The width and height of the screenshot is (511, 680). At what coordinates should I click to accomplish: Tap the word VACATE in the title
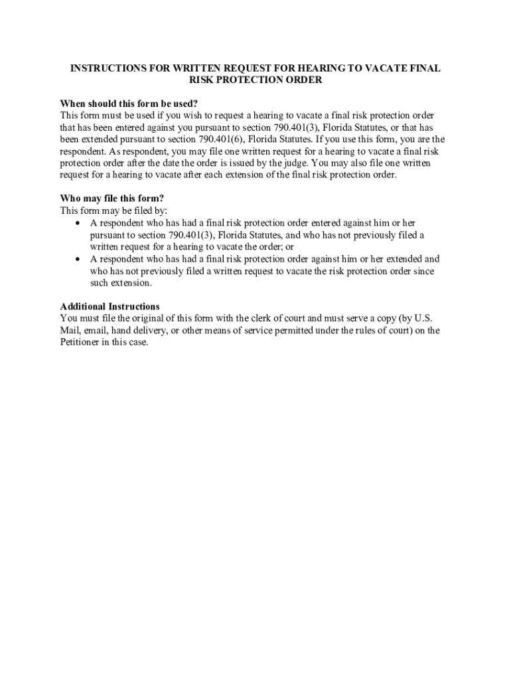click(x=382, y=69)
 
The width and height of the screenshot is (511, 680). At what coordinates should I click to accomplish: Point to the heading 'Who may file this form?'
click(x=112, y=199)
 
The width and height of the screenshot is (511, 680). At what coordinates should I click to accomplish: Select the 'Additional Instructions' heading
click(x=110, y=307)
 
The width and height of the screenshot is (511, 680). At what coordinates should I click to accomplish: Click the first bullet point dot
click(x=79, y=223)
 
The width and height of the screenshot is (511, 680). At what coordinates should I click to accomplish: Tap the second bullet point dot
click(x=79, y=259)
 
